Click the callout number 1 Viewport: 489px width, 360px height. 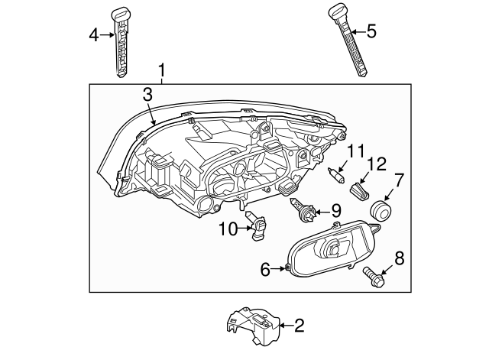(x=162, y=71)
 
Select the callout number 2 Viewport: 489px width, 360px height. (x=299, y=326)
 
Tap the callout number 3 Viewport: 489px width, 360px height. (x=147, y=94)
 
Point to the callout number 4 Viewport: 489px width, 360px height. (x=94, y=34)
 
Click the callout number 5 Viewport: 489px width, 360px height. (x=371, y=31)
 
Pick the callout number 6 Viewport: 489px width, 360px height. (x=266, y=268)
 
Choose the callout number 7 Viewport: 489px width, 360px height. (x=398, y=181)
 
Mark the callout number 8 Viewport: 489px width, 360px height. (x=398, y=258)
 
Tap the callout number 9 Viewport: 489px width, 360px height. (x=335, y=209)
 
